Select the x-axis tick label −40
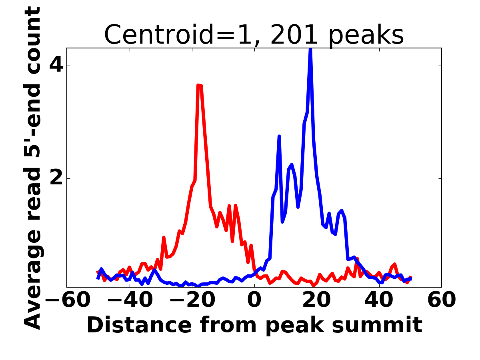tap(129, 300)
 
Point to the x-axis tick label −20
tap(192, 300)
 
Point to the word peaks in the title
tap(367, 35)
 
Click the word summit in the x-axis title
tap(384, 325)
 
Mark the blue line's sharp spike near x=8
tap(279, 136)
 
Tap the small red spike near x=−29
tap(164, 238)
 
